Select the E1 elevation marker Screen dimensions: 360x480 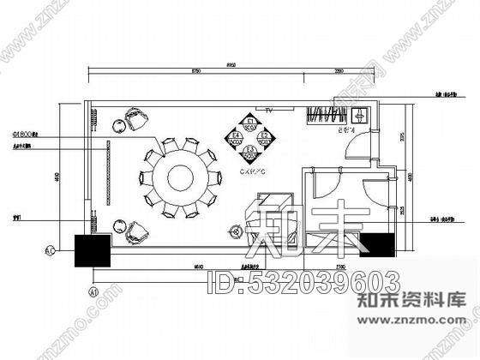pyautogui.click(x=251, y=123)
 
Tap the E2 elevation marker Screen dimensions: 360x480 pyautogui.click(x=266, y=137)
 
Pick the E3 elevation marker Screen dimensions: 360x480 pyautogui.click(x=251, y=152)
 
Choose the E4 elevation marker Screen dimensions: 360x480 pyautogui.click(x=237, y=137)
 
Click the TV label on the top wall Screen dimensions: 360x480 pyautogui.click(x=268, y=111)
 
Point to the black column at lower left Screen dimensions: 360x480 pyautogui.click(x=93, y=249)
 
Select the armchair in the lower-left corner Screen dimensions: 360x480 pyautogui.click(x=136, y=230)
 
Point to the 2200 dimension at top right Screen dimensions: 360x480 pyautogui.click(x=339, y=72)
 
